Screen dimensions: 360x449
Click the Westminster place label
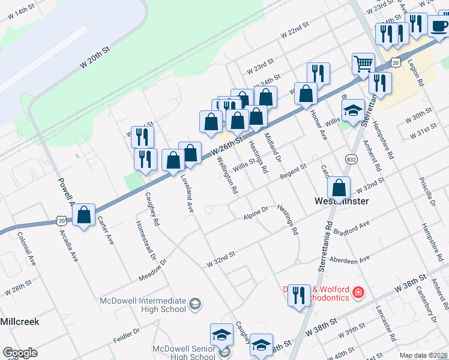[x=341, y=202]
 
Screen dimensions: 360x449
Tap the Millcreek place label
[x=19, y=322]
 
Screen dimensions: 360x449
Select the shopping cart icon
[x=363, y=64]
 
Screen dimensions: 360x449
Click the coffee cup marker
[x=438, y=26]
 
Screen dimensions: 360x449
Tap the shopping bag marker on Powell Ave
[x=85, y=215]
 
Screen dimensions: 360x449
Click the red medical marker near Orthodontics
[x=358, y=292]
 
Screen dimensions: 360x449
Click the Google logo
[x=20, y=353]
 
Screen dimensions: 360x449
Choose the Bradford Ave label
[x=351, y=229]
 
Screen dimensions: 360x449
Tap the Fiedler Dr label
[x=126, y=335]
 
